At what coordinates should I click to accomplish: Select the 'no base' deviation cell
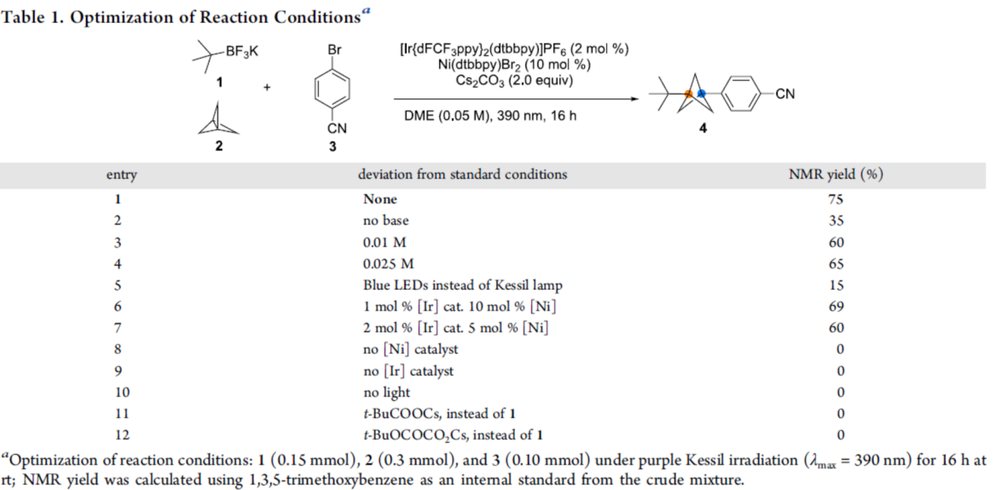(x=385, y=221)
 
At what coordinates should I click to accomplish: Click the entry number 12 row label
(x=121, y=434)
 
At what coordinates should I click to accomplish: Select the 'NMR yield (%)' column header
(x=835, y=175)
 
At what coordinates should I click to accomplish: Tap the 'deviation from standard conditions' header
(x=462, y=175)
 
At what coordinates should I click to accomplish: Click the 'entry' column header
(x=121, y=175)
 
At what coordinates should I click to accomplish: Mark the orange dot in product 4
(x=687, y=94)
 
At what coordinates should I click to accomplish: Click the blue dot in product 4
(x=701, y=94)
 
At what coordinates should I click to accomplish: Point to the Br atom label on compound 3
(x=334, y=50)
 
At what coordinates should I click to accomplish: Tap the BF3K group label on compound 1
(x=241, y=52)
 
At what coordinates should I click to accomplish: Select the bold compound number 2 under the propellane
(x=218, y=146)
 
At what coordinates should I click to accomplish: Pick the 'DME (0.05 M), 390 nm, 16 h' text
(x=489, y=116)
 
